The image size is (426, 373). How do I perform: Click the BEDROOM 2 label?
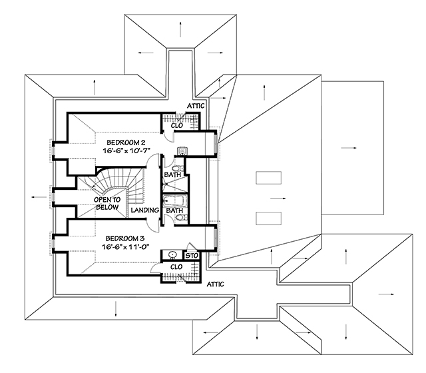(122, 143)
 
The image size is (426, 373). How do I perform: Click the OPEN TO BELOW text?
(106, 203)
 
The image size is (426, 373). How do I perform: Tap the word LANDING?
(144, 210)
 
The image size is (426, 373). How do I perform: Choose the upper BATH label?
(172, 175)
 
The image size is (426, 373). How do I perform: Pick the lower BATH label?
(174, 210)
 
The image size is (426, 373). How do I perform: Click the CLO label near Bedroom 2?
(178, 125)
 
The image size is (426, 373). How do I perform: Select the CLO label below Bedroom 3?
(176, 267)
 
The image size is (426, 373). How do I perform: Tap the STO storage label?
(192, 254)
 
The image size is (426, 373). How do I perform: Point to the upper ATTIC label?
(196, 106)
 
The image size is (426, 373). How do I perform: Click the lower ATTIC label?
(216, 284)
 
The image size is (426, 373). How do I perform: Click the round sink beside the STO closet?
(172, 254)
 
